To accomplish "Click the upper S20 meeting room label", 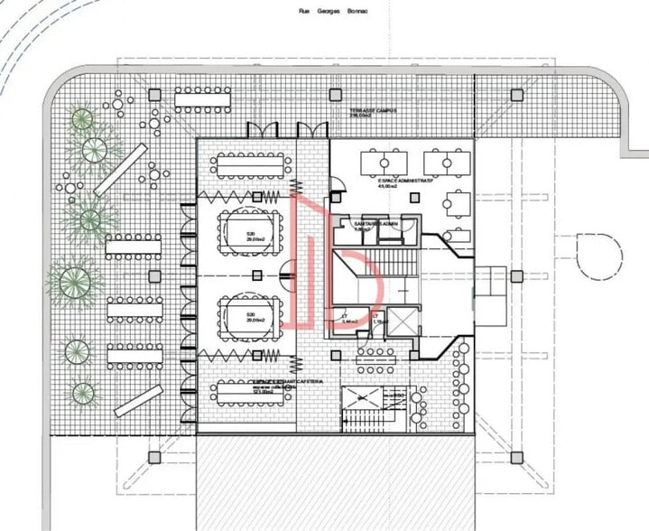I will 250,235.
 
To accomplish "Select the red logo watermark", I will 329,262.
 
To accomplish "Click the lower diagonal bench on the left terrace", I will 138,401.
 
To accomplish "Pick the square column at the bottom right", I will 516,457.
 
